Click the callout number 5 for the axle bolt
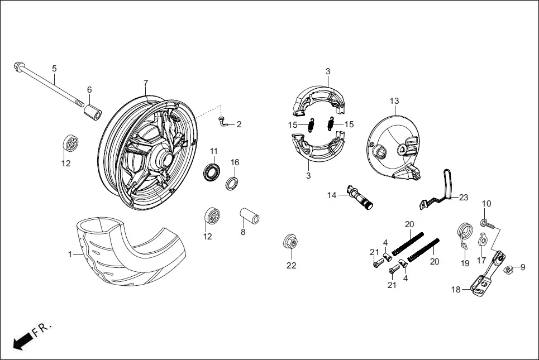click(54, 69)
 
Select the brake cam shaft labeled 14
click(361, 198)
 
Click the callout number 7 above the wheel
click(145, 83)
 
